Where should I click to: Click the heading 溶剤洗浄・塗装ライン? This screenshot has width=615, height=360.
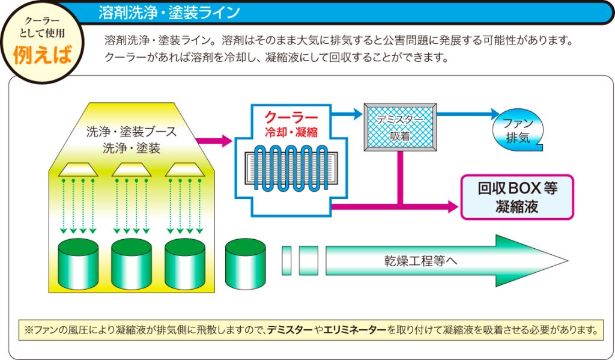tap(169, 12)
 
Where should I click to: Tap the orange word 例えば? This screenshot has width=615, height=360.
tap(43, 54)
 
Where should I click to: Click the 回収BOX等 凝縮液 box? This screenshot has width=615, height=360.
tap(517, 197)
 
